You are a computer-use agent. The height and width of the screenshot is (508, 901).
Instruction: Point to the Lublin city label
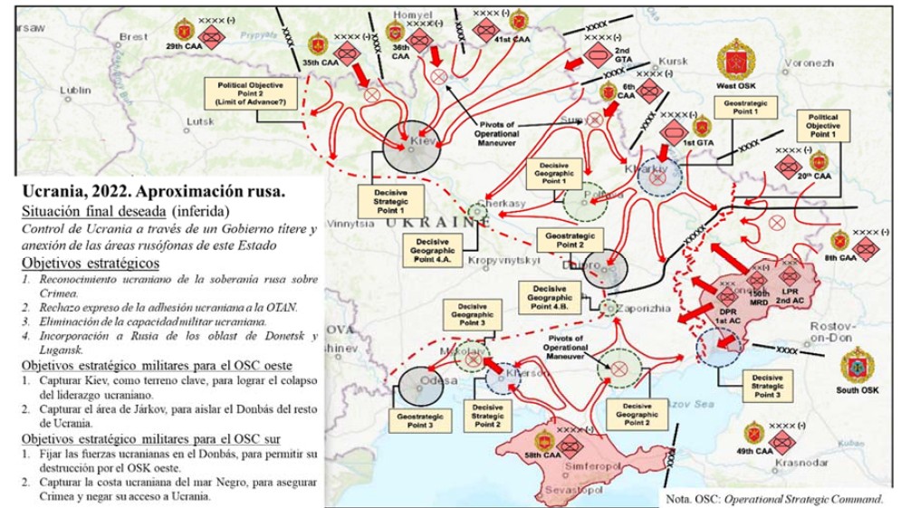(76, 91)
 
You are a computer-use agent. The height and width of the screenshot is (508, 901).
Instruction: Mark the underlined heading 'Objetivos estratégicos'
(90, 263)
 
